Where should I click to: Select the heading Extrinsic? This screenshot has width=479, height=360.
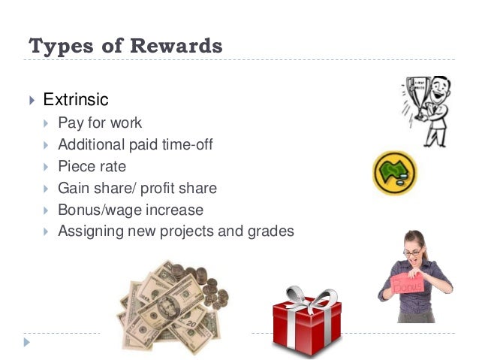click(x=76, y=99)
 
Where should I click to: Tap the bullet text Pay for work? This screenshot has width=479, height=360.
click(x=100, y=123)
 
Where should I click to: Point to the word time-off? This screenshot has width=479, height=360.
click(x=185, y=144)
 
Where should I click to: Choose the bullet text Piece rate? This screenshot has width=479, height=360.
click(x=92, y=166)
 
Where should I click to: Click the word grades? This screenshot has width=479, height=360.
click(x=270, y=231)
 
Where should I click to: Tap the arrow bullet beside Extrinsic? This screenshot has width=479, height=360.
click(x=31, y=100)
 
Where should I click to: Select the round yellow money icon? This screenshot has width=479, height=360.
click(x=394, y=173)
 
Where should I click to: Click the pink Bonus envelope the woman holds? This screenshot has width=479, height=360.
click(x=410, y=284)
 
